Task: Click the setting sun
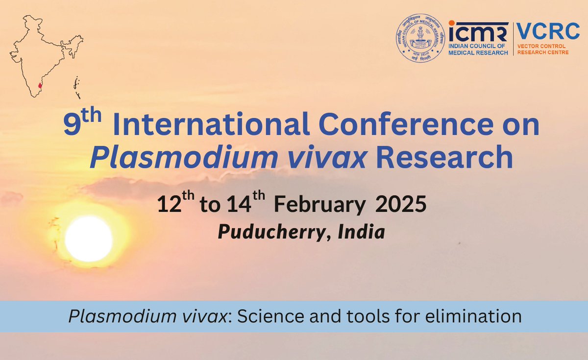click(89, 239)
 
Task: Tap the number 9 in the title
click(72, 126)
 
